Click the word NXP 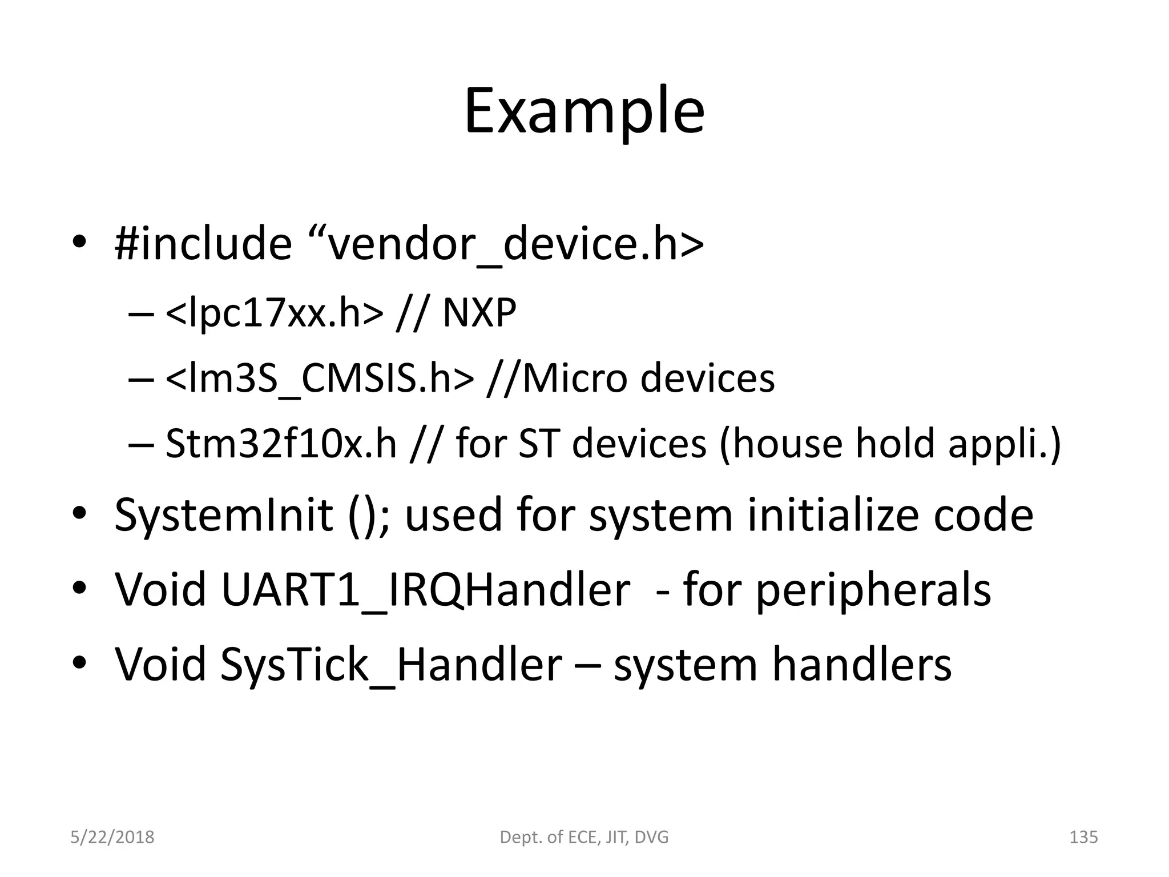479,313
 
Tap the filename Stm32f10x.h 281,444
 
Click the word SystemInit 223,514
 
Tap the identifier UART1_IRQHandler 425,589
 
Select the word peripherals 873,589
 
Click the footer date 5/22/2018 112,838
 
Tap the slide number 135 1083,838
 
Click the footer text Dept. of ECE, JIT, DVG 584,838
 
